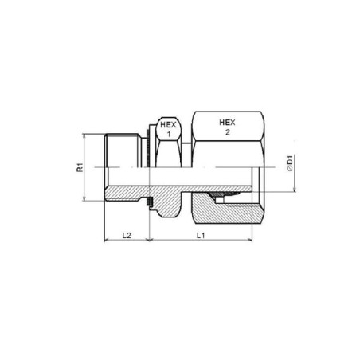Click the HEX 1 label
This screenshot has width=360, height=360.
[168, 130]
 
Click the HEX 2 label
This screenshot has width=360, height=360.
[227, 127]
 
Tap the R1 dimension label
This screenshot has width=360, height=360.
[80, 167]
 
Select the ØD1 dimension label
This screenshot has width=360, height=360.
[290, 162]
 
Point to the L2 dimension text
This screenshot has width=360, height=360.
[127, 235]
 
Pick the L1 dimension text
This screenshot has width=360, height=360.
[201, 235]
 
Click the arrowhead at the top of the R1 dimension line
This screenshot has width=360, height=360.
[84, 136]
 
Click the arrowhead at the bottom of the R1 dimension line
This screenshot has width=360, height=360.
[84, 198]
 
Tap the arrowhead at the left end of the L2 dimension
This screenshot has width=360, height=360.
[107, 240]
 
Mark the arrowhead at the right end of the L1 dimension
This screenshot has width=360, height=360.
[249, 240]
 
